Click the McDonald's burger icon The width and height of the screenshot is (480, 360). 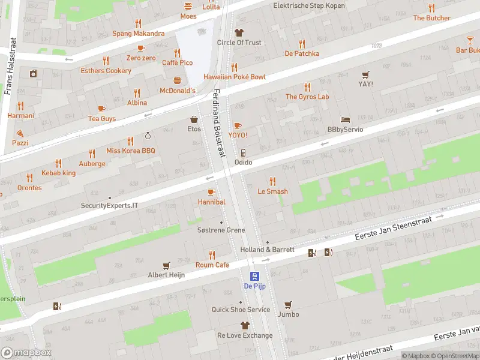tap(177, 80)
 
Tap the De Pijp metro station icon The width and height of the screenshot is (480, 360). tap(254, 276)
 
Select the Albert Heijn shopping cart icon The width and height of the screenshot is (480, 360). tap(166, 265)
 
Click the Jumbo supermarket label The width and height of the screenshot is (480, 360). tap(288, 314)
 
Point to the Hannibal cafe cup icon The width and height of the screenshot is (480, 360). tap(211, 192)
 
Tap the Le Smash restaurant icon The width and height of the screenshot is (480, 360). tap(272, 181)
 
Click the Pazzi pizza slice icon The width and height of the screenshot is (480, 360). tap(20, 133)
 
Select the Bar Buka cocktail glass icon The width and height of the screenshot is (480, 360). tap(470, 40)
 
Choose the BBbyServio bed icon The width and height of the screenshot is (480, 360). tap(345, 119)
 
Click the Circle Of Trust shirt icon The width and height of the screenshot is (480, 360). tap(239, 32)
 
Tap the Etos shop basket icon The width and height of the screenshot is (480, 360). tap(194, 119)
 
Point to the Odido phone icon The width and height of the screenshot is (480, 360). tap(243, 152)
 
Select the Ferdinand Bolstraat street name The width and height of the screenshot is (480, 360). tap(218, 123)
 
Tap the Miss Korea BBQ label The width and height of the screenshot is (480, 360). tap(130, 151)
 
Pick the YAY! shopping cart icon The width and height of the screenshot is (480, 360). tap(365, 74)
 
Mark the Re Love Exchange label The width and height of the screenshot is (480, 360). tap(244, 335)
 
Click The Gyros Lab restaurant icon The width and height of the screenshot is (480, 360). tap(307, 86)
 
